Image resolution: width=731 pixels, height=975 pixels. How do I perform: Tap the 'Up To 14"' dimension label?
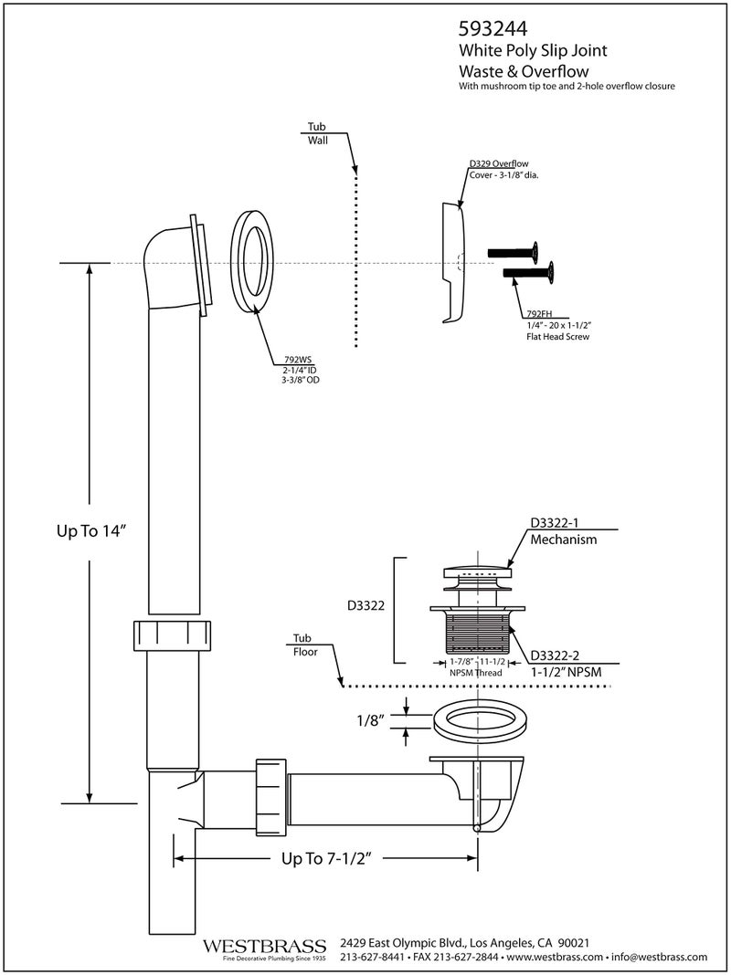tap(89, 533)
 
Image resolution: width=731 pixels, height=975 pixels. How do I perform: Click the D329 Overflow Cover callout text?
tap(503, 169)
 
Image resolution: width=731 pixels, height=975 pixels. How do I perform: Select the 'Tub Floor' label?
tap(304, 645)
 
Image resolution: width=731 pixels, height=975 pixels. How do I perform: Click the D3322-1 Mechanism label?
tap(563, 531)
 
